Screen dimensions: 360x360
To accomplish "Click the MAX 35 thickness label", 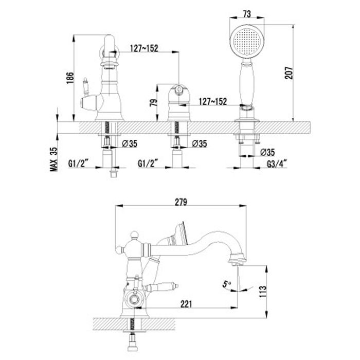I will [53, 159].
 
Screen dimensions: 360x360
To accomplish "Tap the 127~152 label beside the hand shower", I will [212, 102].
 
